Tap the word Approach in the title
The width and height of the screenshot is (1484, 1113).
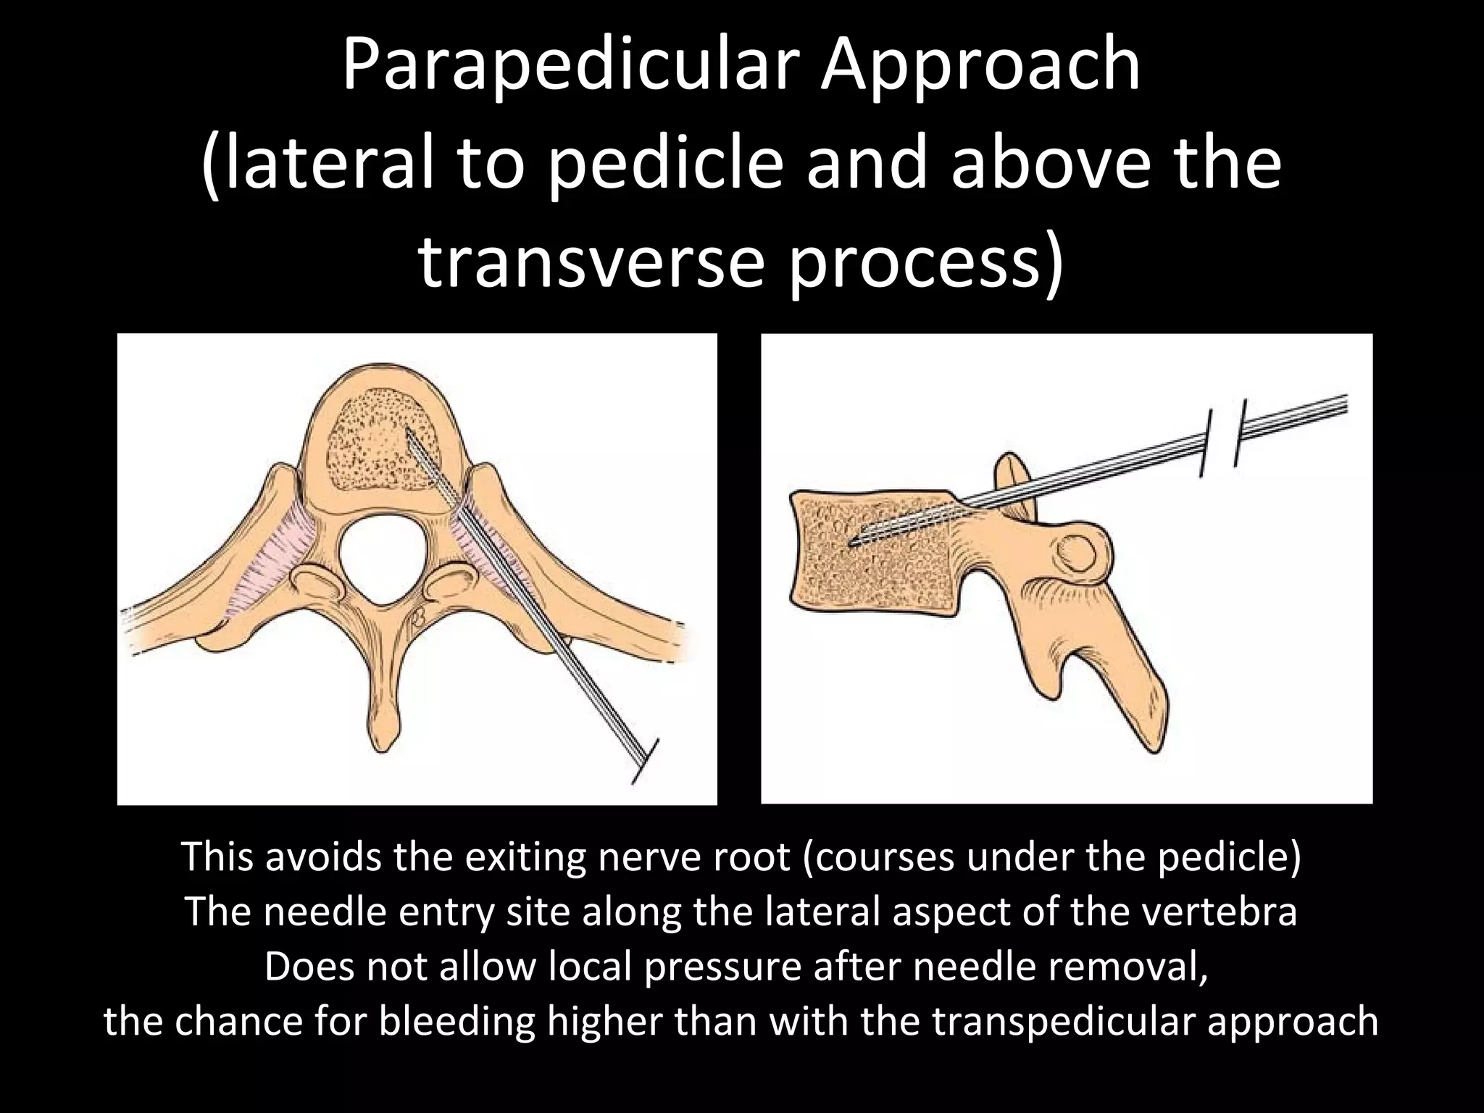980,67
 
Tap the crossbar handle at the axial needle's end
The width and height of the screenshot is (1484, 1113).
644,761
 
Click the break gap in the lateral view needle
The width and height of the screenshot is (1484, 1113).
1222,438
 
